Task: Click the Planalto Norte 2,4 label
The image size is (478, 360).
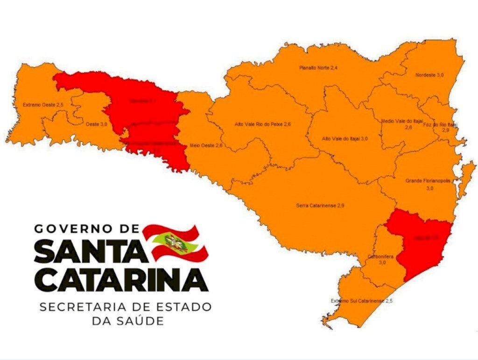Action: tap(318, 68)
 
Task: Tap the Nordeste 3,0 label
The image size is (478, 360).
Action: tap(429, 75)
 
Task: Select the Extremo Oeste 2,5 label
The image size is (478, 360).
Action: tap(42, 105)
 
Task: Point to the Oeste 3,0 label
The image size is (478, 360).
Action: tap(97, 124)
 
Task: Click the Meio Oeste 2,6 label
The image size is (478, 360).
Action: tap(206, 146)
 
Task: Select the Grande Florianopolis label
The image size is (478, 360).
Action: tap(428, 181)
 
